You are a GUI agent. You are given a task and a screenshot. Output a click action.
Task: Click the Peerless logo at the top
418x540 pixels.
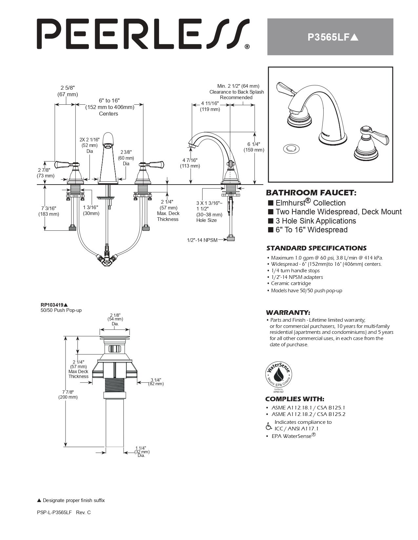[143, 34]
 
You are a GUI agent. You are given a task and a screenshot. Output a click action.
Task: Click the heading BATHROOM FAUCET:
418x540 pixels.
[310, 193]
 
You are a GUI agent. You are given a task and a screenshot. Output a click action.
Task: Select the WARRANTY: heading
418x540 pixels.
[288, 313]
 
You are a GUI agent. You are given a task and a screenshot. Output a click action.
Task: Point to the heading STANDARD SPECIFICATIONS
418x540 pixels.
[316, 248]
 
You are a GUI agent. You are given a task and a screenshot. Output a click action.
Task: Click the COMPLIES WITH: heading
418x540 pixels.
[294, 399]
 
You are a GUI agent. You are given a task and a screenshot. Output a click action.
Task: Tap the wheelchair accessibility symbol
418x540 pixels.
[269, 426]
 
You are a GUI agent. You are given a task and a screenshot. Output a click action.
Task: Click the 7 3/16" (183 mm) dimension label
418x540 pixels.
[49, 211]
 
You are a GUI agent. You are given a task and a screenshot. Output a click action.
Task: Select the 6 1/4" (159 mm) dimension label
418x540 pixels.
[253, 147]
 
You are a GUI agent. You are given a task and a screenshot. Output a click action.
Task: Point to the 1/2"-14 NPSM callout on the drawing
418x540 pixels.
[202, 240]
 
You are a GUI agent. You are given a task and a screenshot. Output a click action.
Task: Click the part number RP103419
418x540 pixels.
[52, 305]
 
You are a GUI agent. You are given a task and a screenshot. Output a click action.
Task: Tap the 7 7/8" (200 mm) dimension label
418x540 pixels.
[68, 394]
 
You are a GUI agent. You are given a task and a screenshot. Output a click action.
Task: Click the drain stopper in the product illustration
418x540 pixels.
[290, 149]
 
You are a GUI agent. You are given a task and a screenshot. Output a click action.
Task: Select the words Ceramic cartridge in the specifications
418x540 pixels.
[291, 283]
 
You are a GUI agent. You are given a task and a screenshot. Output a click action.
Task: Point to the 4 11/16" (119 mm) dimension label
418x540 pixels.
[210, 106]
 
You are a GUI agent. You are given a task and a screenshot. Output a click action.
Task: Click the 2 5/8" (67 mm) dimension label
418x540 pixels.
[68, 91]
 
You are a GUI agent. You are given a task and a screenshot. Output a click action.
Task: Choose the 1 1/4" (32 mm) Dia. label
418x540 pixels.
[141, 452]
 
